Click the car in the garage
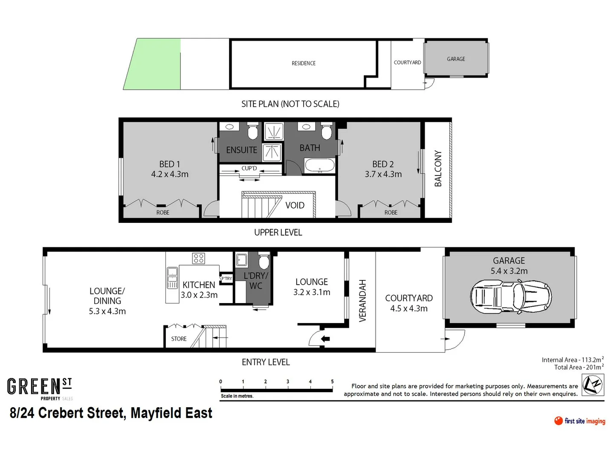pyautogui.click(x=511, y=297)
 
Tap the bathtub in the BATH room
pyautogui.click(x=319, y=165)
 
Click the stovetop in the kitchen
pyautogui.click(x=199, y=258)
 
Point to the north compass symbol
pyautogui.click(x=593, y=385)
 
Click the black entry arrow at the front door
pyautogui.click(x=325, y=339)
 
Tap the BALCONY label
pyautogui.click(x=438, y=169)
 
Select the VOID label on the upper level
pyautogui.click(x=295, y=205)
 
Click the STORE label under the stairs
pyautogui.click(x=179, y=339)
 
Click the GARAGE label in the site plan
pyautogui.click(x=456, y=59)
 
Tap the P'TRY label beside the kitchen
pyautogui.click(x=226, y=279)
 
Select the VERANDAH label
pyautogui.click(x=362, y=301)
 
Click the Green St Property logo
pyautogui.click(x=40, y=388)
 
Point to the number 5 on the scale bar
pyautogui.click(x=332, y=382)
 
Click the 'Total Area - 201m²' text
pyautogui.click(x=579, y=367)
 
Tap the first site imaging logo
pyautogui.click(x=579, y=421)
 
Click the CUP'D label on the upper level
pyautogui.click(x=249, y=168)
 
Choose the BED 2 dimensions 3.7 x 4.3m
pyautogui.click(x=383, y=174)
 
